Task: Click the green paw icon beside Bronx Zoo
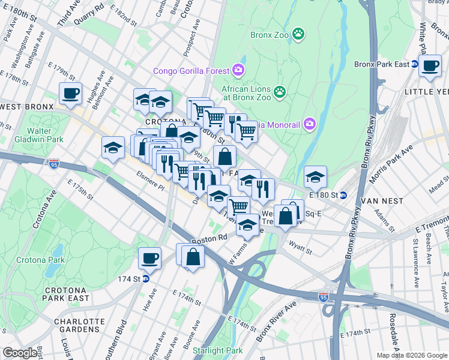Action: [298, 34]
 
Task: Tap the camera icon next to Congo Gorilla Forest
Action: [239, 71]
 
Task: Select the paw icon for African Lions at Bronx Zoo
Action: [279, 92]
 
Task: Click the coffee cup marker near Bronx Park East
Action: [430, 66]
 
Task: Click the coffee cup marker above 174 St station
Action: [149, 258]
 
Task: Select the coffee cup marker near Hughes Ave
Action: [70, 93]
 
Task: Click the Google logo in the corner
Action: [20, 353]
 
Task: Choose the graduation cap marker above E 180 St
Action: [315, 176]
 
